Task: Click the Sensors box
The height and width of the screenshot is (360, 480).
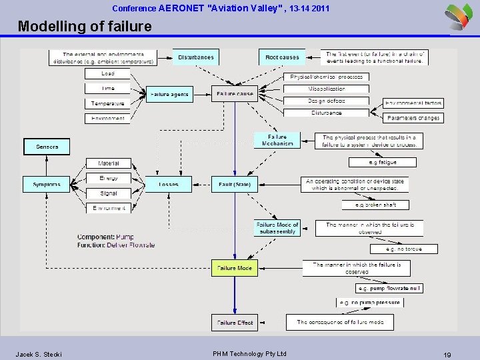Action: tap(47, 146)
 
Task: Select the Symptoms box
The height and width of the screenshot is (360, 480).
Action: tap(47, 184)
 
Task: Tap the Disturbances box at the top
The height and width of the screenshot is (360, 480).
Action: tap(196, 57)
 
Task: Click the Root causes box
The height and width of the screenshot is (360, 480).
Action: tap(282, 57)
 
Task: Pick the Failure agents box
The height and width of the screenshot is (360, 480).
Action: tap(169, 95)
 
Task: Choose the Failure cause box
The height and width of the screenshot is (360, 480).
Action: tap(235, 95)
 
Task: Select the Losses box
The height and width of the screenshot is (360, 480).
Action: tap(168, 184)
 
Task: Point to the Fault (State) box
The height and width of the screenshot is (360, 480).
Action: tap(235, 184)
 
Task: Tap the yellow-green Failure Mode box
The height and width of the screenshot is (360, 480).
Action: tap(235, 269)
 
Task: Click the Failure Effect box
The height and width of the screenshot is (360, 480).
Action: tap(235, 323)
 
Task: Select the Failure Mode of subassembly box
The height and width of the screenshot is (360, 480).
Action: tap(277, 228)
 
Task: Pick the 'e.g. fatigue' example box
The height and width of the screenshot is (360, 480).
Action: tap(382, 162)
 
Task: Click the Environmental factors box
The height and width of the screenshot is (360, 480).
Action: tap(413, 103)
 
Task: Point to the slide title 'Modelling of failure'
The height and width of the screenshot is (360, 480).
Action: tap(85, 27)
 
